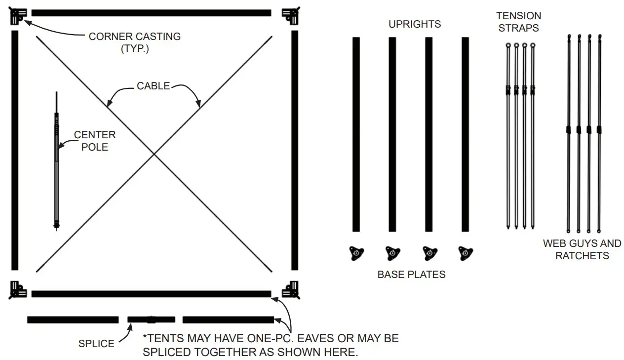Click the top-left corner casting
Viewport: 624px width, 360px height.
point(18,16)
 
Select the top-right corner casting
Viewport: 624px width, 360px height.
point(291,16)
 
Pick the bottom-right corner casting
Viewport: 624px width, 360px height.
point(291,289)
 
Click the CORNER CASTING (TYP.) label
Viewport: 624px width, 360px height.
point(134,42)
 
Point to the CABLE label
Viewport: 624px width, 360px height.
point(153,86)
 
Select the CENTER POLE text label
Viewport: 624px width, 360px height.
point(95,141)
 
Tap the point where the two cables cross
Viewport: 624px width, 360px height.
point(154,155)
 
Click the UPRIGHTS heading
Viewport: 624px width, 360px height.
point(414,24)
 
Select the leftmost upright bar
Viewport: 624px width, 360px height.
point(356,134)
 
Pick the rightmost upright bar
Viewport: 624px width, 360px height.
point(465,134)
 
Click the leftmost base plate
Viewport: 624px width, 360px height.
point(356,253)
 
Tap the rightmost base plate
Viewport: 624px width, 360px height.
point(465,253)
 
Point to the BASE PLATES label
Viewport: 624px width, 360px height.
point(411,275)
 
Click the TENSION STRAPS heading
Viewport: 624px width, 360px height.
point(519,22)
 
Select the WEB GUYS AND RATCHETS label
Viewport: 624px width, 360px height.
point(582,249)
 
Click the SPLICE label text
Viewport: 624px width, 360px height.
point(96,344)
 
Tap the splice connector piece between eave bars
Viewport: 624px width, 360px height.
point(151,320)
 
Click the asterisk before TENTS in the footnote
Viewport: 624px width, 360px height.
point(145,338)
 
